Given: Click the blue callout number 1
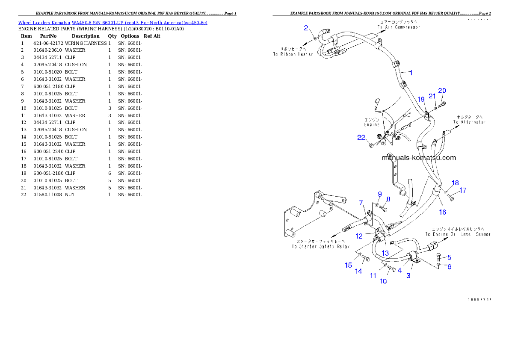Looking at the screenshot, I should coord(410,73).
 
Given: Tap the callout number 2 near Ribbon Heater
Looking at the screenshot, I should coord(306,28).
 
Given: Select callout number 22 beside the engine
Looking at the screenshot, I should coord(361,137).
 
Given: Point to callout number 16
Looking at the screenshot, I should coord(442,212).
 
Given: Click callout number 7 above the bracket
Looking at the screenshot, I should coord(361,203).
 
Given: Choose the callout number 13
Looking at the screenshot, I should coord(385,253).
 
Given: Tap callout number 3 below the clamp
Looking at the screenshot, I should coord(408,275).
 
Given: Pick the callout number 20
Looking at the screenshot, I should coord(442,91).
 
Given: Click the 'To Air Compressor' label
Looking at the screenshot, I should coord(399,27).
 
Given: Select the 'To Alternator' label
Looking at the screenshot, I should coord(470,122).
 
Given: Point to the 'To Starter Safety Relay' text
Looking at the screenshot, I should coord(320,246).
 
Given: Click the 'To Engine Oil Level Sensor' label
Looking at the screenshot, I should coord(458,234).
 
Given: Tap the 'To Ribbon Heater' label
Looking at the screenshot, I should coord(293,54).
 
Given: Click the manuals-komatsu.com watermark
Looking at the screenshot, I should coord(418,157).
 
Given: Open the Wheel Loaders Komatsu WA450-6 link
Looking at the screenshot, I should coord(112,22).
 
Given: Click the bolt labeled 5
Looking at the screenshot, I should coord(439,257).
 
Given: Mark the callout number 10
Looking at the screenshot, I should coord(383,281).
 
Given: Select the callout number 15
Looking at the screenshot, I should coord(349,265).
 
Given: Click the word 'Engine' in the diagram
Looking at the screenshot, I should coord(371,125).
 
